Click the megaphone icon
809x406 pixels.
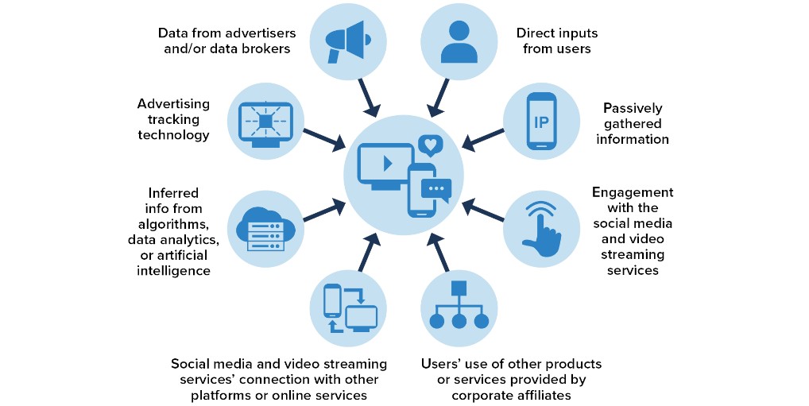point(346,41)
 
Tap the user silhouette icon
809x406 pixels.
point(459,41)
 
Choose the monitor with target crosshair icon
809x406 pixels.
point(265,122)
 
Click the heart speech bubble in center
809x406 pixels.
point(430,145)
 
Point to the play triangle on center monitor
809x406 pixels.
point(387,164)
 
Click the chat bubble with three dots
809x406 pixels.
point(435,189)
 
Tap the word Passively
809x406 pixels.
point(633,107)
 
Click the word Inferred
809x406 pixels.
point(173,192)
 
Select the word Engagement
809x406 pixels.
point(633,192)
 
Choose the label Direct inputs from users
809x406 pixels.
point(557,41)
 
